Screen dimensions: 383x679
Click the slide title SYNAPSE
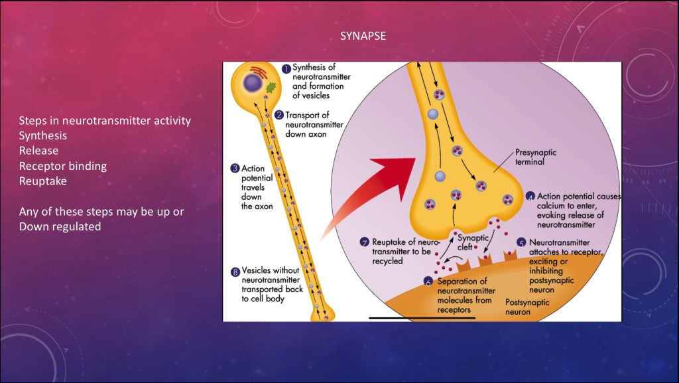362,37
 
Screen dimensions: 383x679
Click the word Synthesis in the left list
42,135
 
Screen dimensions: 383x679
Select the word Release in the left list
38,151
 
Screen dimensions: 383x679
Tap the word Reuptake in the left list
42,181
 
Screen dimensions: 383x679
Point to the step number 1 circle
286,68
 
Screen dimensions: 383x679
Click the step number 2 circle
279,115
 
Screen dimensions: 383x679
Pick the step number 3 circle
235,169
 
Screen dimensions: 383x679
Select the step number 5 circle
522,243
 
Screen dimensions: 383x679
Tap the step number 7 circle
364,242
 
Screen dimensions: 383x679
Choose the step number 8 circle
235,271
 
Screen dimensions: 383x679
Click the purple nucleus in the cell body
251,82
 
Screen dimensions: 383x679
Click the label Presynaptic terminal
536,157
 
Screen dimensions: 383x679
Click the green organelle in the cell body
270,87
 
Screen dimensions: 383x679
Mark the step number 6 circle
429,281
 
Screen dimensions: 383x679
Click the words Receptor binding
62,166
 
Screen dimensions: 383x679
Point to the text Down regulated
60,226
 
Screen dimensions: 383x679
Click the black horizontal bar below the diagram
422,318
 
